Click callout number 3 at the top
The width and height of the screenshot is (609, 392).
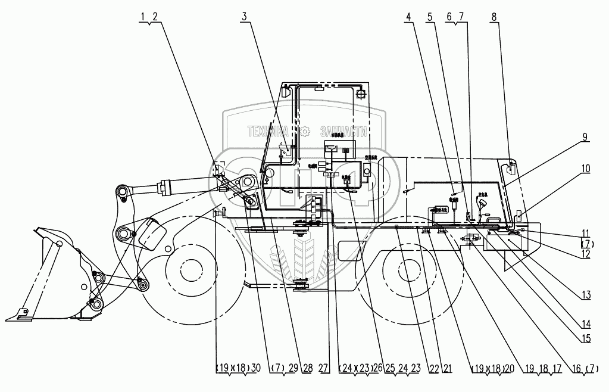tap(243, 17)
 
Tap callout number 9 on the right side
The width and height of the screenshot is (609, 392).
tap(585, 137)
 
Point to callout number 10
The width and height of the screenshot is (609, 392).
tap(586, 168)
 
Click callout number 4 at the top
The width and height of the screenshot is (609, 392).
tap(408, 17)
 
